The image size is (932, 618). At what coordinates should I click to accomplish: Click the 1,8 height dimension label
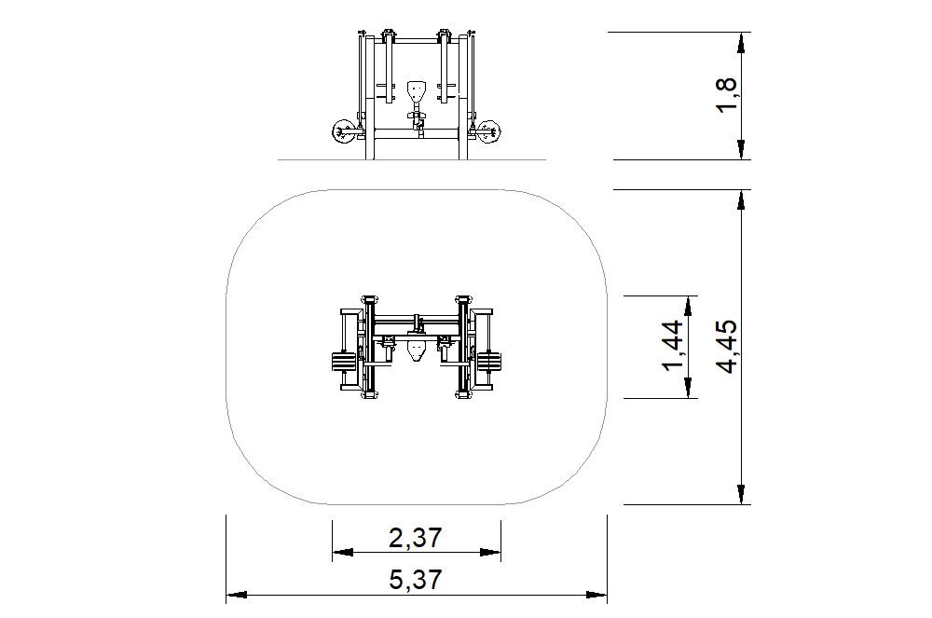[727, 95]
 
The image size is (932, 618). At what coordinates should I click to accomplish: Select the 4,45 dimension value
[727, 347]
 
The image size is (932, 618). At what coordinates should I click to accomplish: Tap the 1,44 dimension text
[674, 345]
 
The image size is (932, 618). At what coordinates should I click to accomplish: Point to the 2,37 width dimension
[416, 537]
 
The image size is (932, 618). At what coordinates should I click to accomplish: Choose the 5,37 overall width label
[416, 580]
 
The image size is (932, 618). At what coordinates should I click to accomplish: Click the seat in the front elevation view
[418, 91]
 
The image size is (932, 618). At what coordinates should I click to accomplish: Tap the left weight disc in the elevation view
[343, 131]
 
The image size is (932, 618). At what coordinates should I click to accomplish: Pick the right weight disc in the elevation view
[490, 131]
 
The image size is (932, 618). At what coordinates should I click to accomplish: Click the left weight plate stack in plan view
[344, 362]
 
